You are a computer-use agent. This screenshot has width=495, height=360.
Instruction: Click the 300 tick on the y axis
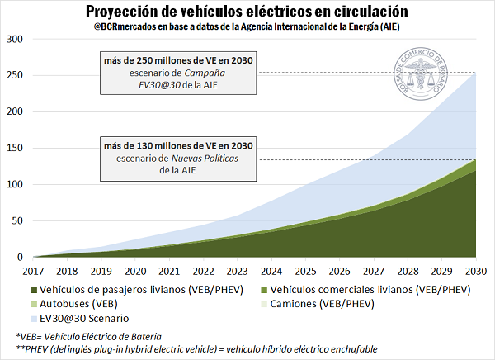point(15,39)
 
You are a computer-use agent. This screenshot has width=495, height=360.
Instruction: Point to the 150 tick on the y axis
point(15,148)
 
